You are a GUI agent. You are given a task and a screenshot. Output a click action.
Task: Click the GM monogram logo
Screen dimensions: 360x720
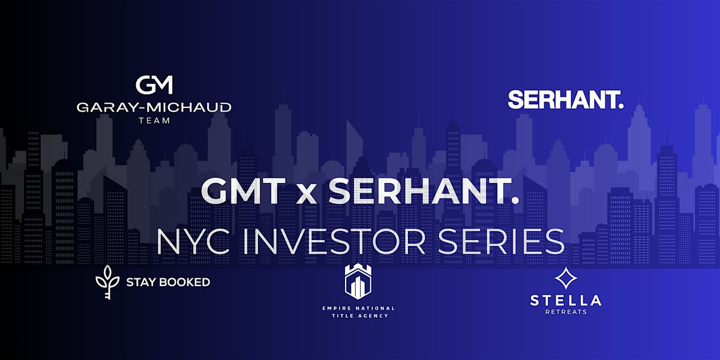(154, 85)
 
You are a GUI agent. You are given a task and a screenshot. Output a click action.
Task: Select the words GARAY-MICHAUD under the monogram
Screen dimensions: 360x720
(154, 108)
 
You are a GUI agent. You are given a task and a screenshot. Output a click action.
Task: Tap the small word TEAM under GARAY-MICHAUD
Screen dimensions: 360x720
(154, 120)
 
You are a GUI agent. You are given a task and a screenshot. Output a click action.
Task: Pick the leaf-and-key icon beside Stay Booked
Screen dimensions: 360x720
(108, 281)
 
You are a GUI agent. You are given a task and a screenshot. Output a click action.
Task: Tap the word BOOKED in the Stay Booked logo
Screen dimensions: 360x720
(185, 281)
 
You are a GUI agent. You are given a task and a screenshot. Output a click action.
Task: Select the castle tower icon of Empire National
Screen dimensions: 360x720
(361, 280)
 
